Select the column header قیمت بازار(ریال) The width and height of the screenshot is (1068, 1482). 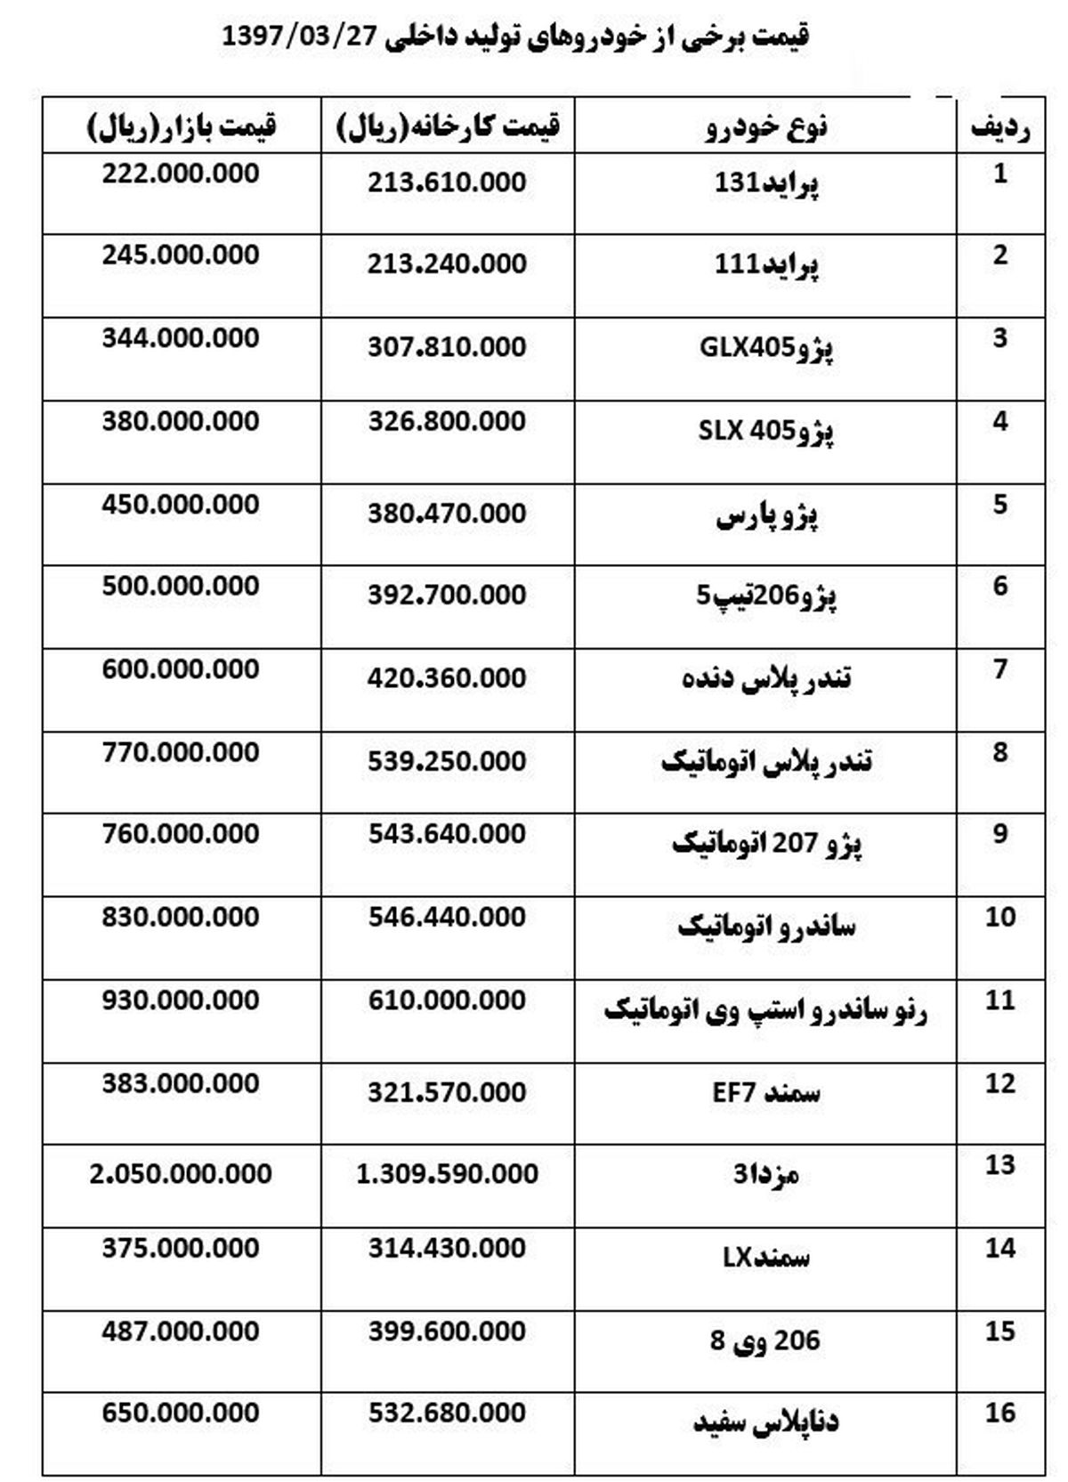click(182, 126)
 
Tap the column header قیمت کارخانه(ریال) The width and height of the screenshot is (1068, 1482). click(448, 126)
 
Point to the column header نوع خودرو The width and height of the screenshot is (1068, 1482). click(766, 126)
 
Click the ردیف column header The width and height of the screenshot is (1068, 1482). click(1000, 127)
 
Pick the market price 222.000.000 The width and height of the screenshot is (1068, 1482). click(181, 174)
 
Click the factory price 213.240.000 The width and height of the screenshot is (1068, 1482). click(447, 264)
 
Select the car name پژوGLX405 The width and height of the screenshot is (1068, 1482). click(766, 347)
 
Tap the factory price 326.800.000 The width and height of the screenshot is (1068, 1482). click(447, 421)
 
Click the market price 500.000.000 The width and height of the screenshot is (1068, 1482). click(181, 587)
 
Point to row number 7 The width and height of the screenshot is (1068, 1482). click(1000, 668)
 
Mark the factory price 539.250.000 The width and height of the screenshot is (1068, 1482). click(447, 761)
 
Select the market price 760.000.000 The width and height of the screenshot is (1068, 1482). click(181, 834)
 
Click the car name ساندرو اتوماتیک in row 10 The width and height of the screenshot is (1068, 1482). click(766, 927)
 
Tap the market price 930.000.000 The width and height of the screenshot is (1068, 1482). click(181, 1000)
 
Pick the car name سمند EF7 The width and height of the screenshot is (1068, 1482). click(766, 1092)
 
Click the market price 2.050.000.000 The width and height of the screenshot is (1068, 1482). click(181, 1174)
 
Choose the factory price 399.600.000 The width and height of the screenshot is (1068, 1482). click(447, 1332)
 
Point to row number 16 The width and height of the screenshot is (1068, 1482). click(1000, 1413)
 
